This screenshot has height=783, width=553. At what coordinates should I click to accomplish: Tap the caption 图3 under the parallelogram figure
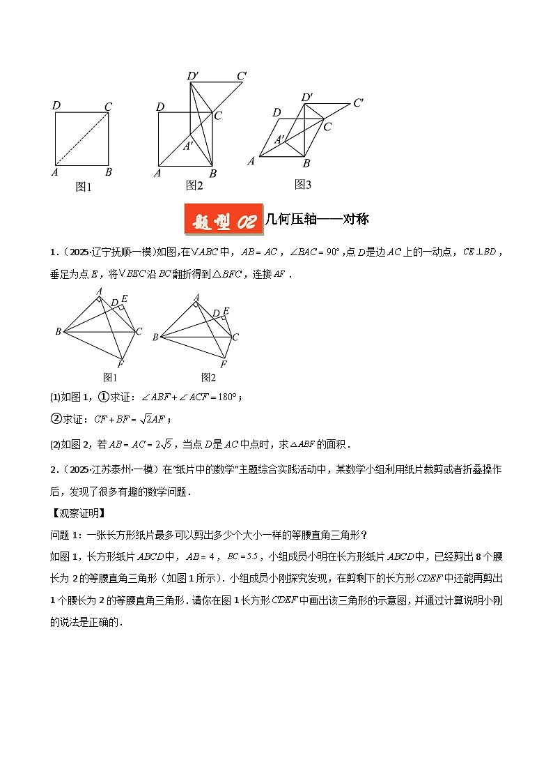click(302, 185)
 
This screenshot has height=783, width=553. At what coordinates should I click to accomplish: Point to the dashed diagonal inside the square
click(82, 139)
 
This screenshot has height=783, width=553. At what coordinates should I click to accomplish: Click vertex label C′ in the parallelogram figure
click(359, 102)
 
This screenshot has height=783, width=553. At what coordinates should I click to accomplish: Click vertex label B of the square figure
click(108, 172)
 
